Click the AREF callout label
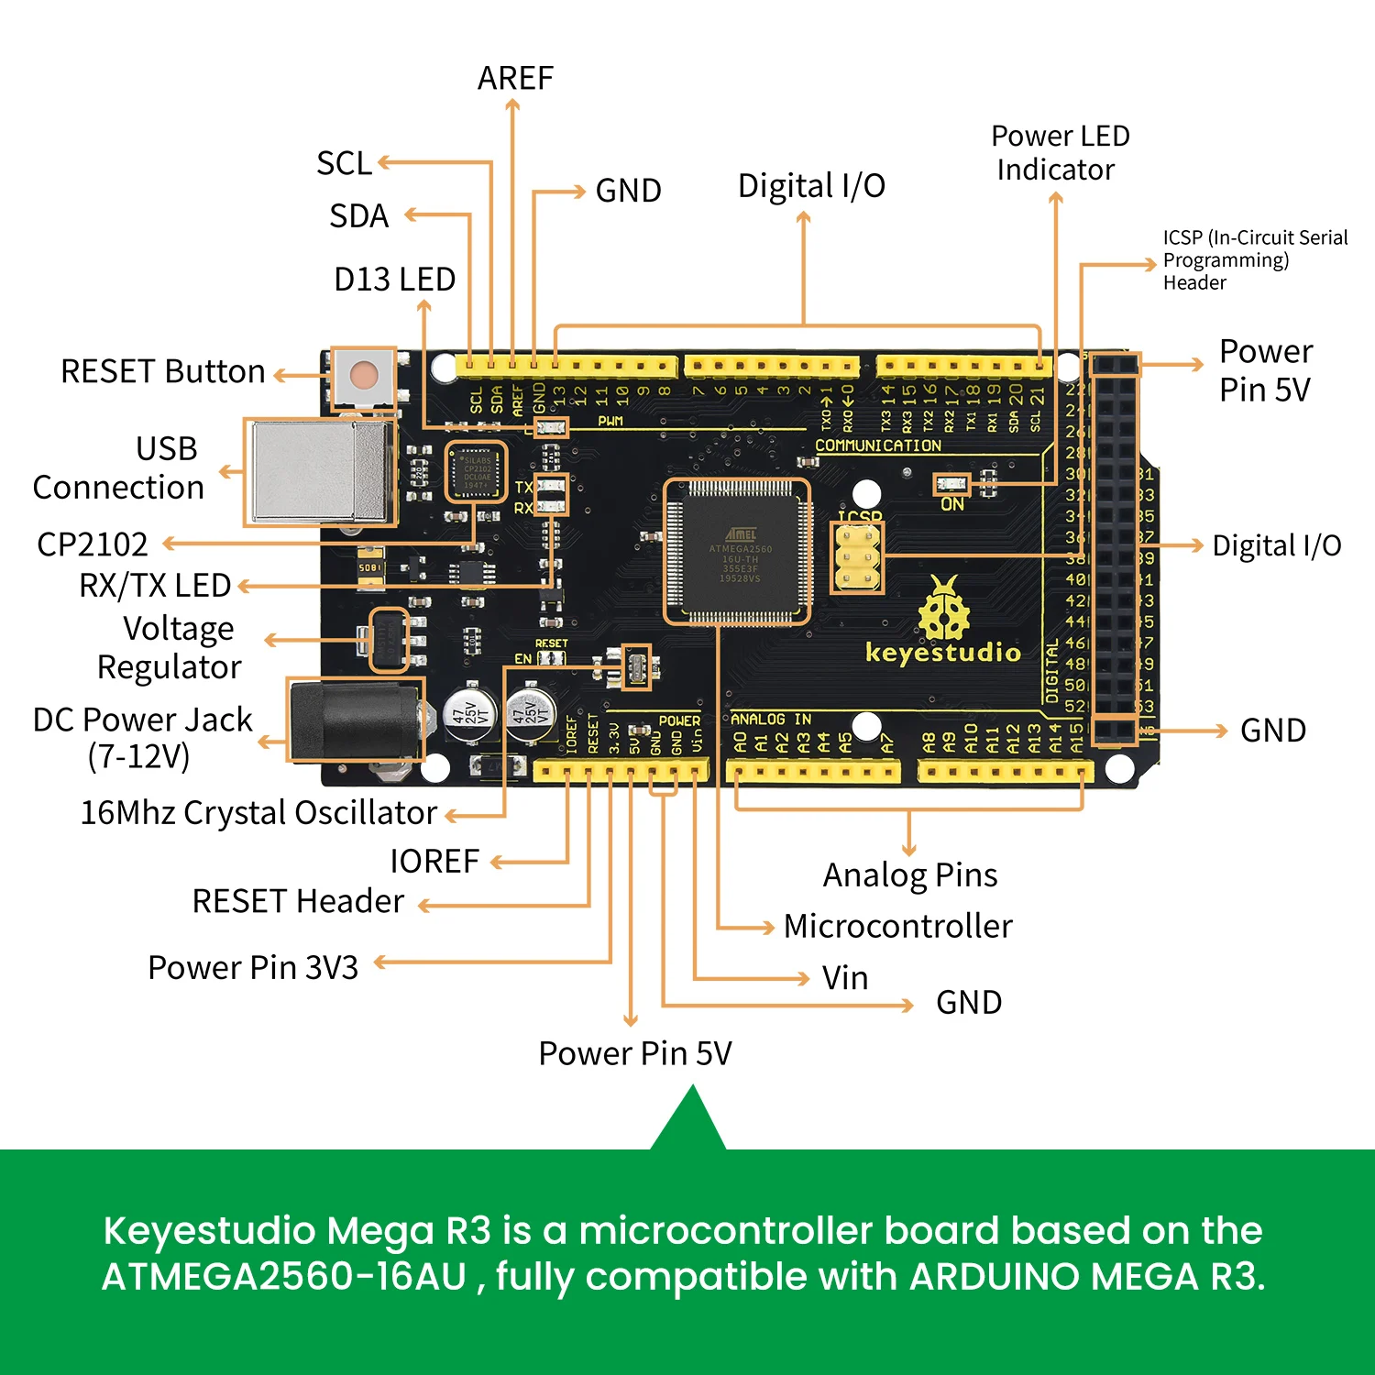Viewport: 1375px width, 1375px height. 515,79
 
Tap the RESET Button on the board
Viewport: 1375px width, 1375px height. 364,375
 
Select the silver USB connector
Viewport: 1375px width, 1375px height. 319,472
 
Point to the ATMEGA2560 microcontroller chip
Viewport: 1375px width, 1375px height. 738,553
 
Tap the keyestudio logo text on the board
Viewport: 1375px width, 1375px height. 942,653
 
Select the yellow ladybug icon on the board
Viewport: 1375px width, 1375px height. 944,609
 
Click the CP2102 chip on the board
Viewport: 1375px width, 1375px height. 476,472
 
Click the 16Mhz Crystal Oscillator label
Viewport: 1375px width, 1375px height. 258,813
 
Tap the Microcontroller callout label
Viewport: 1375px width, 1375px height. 897,927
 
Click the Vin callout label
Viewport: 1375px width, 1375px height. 844,978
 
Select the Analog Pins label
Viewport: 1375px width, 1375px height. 909,875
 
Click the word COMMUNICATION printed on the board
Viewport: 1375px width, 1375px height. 877,445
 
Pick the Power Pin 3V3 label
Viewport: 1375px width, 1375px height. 253,968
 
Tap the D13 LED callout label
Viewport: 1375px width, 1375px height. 394,280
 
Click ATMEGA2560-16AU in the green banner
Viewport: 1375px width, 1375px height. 284,1277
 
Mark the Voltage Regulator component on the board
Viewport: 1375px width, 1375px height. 388,639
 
